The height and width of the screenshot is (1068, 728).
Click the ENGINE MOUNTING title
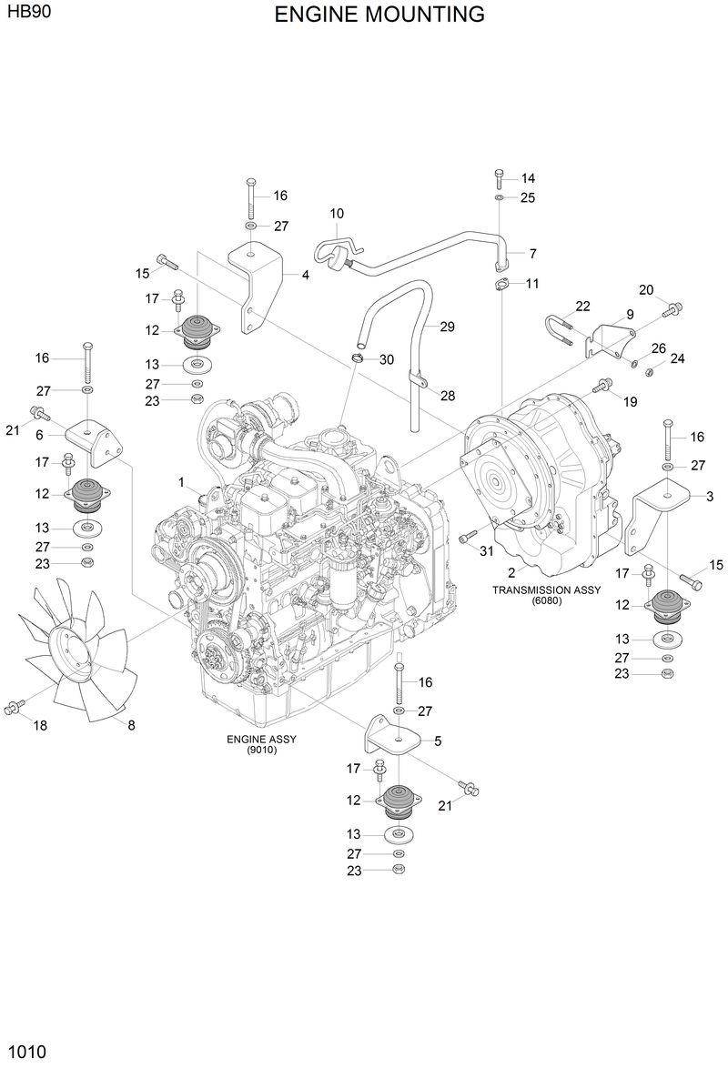[x=379, y=15]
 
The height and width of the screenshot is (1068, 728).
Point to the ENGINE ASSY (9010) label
[x=261, y=744]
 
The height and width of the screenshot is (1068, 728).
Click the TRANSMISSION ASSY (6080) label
[x=546, y=594]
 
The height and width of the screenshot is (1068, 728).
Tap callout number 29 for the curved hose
[x=447, y=327]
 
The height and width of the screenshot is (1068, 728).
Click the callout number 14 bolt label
[x=528, y=178]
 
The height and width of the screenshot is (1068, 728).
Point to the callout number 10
[x=337, y=214]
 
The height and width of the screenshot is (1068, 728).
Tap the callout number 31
[x=486, y=551]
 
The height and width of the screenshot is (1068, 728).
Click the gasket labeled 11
[x=500, y=286]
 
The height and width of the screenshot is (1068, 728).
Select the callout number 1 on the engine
[x=181, y=481]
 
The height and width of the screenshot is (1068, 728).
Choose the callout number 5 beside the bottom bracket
[x=438, y=741]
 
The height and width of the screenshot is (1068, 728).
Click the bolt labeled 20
[x=672, y=309]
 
